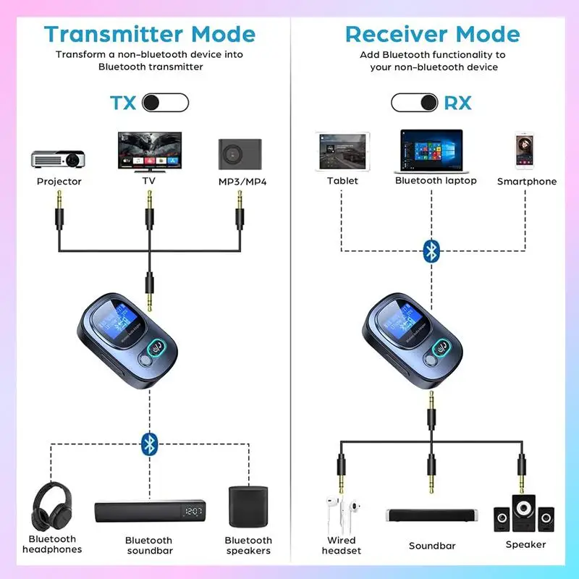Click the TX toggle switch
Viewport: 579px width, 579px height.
coord(165,103)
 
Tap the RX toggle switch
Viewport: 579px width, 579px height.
coord(414,103)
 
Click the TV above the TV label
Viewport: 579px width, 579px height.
coord(150,151)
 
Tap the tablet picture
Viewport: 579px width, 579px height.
coord(342,152)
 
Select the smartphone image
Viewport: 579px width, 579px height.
coord(526,152)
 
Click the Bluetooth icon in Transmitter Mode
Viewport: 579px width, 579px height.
coord(149,444)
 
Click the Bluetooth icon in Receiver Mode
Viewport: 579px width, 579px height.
coord(431,251)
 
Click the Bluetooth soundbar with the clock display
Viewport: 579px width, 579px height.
coord(149,511)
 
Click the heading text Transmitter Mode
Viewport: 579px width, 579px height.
coord(149,34)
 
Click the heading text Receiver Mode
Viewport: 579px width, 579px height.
coord(432,34)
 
